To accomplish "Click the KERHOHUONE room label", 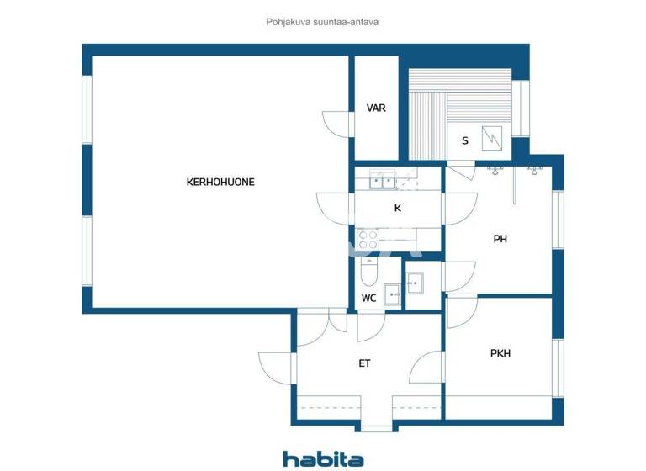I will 220,182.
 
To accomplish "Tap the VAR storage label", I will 376,108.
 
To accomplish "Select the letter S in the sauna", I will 464,140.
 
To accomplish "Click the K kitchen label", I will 398,208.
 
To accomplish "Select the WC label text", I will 368,299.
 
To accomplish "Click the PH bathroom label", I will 500,239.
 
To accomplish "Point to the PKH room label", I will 500,353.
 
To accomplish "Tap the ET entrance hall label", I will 364,363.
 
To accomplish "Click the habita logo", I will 323,458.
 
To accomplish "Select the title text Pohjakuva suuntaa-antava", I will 323,23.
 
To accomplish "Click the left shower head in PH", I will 495,171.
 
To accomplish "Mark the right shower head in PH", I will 533,171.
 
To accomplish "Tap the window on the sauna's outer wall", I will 521,108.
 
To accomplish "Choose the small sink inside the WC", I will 392,294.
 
